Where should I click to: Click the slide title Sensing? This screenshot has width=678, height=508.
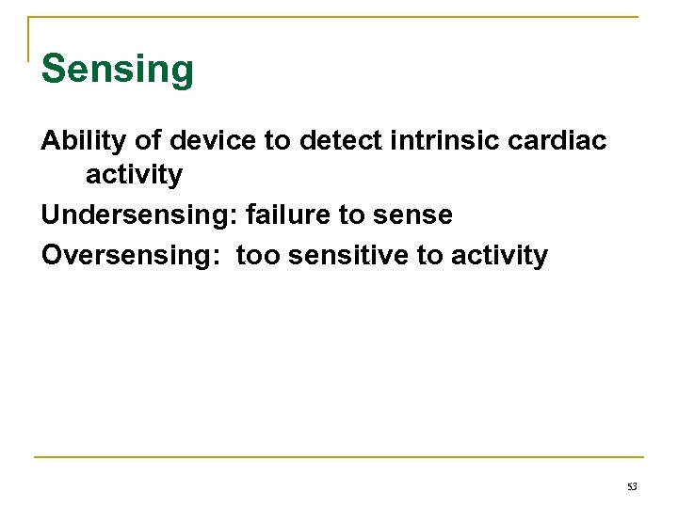tap(118, 70)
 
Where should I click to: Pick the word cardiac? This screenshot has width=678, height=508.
tap(565, 140)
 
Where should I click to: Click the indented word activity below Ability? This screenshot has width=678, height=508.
tap(134, 176)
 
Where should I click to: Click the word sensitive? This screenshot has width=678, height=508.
tap(350, 255)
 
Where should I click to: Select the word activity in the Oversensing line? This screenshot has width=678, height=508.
tap(499, 256)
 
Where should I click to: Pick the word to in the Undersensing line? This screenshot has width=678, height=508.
tap(352, 215)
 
